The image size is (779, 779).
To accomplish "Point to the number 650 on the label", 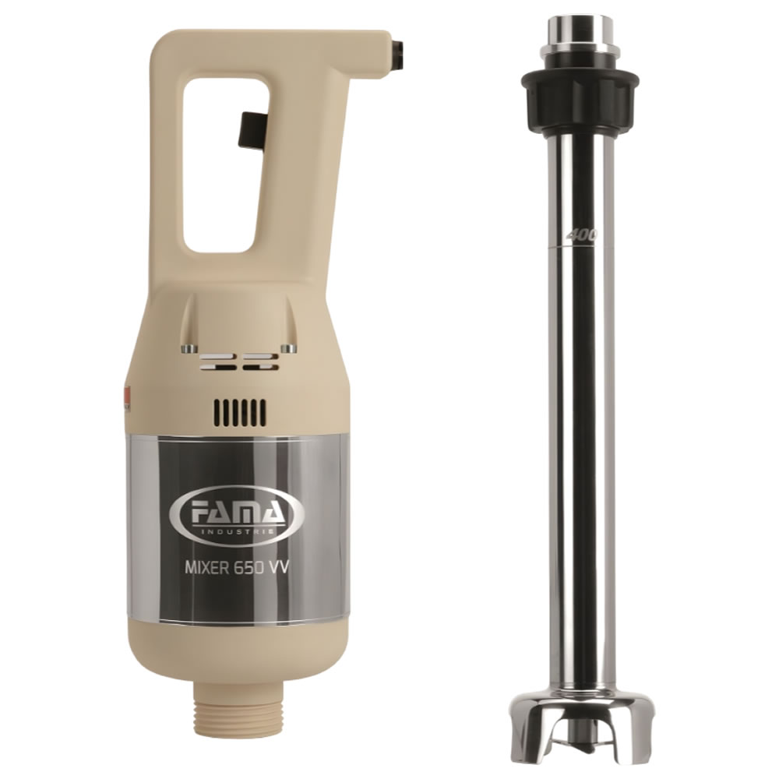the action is pos(249,567).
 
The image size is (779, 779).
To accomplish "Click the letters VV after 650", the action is pos(279,567).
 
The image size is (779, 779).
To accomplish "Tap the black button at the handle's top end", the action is pos(398,54).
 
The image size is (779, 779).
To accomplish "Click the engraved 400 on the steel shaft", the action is pos(582,235).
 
